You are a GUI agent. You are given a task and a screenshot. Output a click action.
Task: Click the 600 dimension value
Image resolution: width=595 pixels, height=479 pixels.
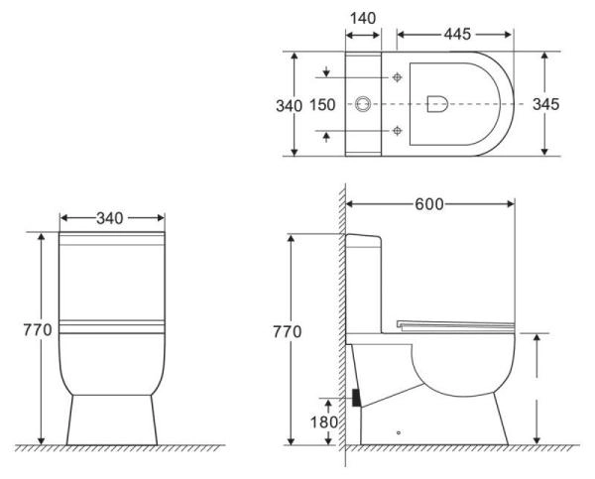[x=429, y=203]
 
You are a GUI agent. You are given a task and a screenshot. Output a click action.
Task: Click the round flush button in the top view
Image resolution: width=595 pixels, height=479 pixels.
[x=363, y=103]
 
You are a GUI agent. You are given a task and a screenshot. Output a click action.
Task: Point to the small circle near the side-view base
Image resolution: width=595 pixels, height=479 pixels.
[x=398, y=434]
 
